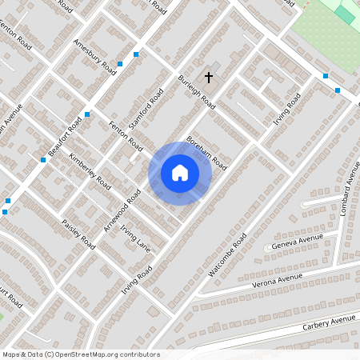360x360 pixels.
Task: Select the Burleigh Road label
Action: (x=197, y=92)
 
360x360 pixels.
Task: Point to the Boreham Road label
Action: (x=207, y=151)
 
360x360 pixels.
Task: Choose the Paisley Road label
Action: (x=78, y=234)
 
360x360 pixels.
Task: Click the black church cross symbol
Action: (x=210, y=78)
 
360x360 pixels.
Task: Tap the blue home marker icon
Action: (x=180, y=173)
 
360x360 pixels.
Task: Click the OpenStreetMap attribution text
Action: (x=81, y=354)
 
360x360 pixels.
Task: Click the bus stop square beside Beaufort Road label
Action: (x=87, y=114)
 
